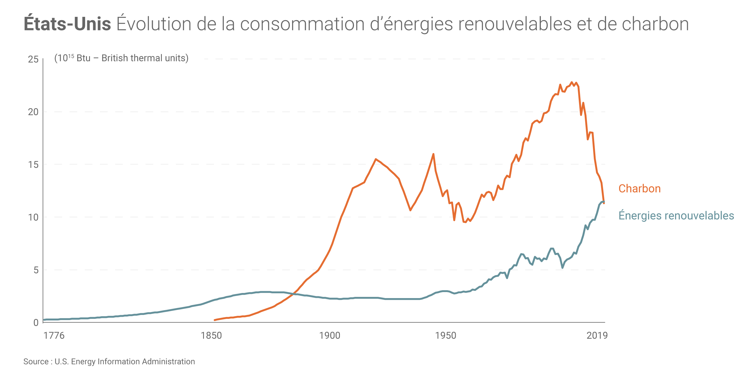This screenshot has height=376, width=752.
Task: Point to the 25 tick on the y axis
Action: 33,59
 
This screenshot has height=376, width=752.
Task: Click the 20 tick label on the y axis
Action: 33,112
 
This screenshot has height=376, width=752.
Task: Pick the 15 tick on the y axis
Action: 33,165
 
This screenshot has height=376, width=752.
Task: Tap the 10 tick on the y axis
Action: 33,217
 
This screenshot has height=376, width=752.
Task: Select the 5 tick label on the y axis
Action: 36,270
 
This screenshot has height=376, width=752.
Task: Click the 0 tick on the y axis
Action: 36,323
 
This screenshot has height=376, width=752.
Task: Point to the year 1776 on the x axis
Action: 54,336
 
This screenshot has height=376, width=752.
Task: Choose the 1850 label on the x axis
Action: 211,336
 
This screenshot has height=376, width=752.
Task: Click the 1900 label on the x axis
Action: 330,336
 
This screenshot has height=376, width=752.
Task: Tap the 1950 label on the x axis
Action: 445,336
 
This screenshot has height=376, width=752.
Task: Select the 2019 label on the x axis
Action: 597,336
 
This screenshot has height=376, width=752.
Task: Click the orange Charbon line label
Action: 640,189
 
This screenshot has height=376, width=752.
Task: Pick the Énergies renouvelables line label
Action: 676,216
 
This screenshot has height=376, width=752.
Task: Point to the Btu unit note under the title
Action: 121,58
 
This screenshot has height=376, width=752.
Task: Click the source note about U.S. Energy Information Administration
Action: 109,362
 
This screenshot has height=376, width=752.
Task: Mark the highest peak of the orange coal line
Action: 572,82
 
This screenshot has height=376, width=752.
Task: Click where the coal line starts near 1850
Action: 215,320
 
